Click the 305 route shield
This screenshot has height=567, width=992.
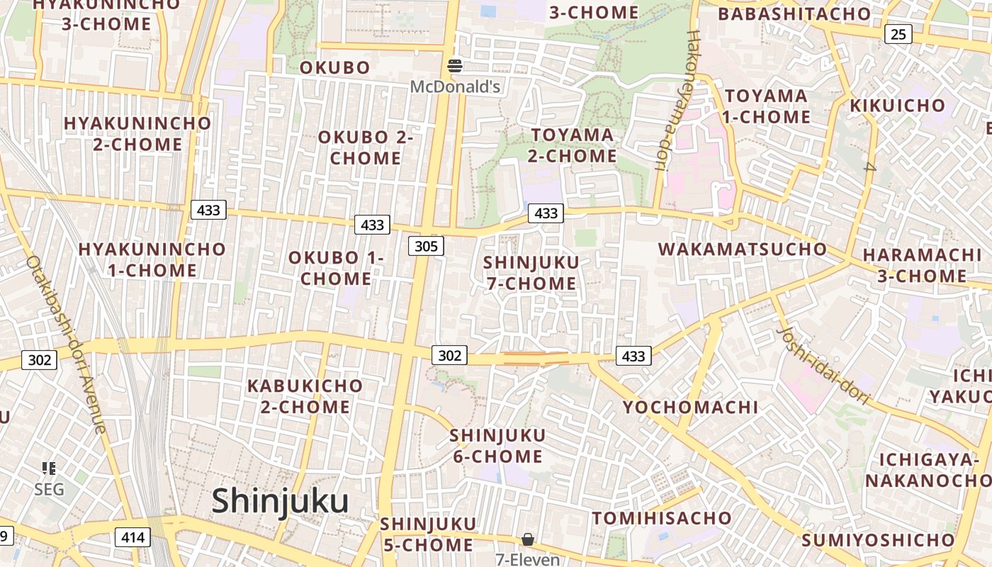pyautogui.click(x=426, y=246)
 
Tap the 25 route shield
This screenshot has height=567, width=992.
pyautogui.click(x=898, y=33)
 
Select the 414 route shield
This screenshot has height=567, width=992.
pyautogui.click(x=133, y=537)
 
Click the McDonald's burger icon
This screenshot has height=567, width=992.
pyautogui.click(x=455, y=67)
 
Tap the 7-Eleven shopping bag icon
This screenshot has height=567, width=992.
pyautogui.click(x=528, y=540)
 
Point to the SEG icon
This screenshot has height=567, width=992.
pyautogui.click(x=49, y=468)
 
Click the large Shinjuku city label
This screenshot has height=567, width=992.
pyautogui.click(x=280, y=501)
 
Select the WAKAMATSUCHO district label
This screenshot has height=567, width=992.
pyautogui.click(x=743, y=249)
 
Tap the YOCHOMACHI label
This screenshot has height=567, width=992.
pyautogui.click(x=690, y=408)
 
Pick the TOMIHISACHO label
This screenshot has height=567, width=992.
pyautogui.click(x=662, y=518)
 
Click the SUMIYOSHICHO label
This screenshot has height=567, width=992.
pyautogui.click(x=878, y=540)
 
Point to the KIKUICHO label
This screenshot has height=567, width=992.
pyautogui.click(x=897, y=106)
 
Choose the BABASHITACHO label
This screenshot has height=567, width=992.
pyautogui.click(x=794, y=14)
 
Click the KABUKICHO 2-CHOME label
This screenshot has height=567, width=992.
pyautogui.click(x=305, y=396)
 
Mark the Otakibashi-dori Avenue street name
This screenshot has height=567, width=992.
pyautogui.click(x=66, y=344)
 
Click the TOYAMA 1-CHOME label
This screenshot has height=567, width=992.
pyautogui.click(x=766, y=106)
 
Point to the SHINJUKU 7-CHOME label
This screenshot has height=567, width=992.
pyautogui.click(x=531, y=273)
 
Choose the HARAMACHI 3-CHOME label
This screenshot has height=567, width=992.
pyautogui.click(x=922, y=266)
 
